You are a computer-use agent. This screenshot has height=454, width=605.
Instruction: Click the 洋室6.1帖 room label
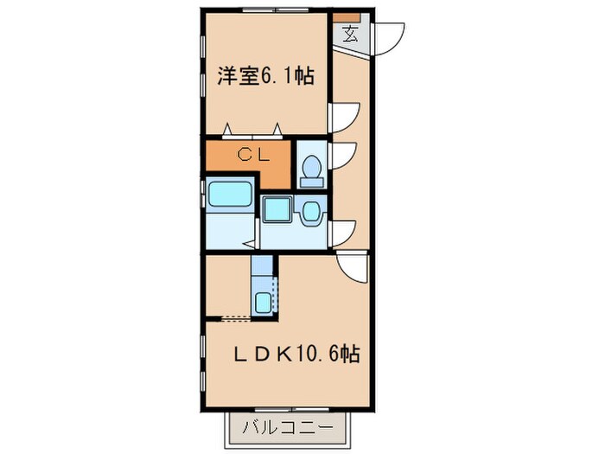tap(264, 77)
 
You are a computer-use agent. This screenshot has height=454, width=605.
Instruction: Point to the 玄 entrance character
tap(350, 35)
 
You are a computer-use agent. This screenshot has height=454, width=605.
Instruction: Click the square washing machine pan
tap(277, 208)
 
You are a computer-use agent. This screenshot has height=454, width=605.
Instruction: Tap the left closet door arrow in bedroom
tap(228, 130)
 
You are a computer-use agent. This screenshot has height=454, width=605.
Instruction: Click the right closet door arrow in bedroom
tap(279, 130)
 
